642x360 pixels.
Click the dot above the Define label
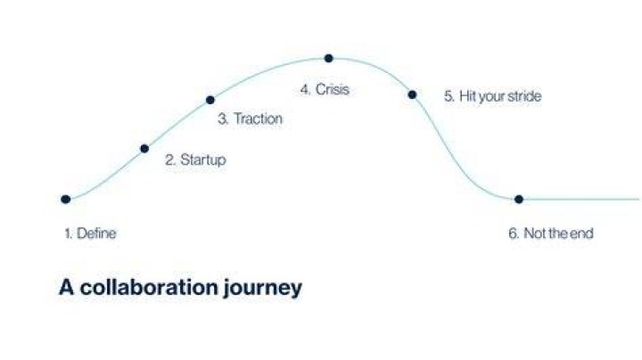pyautogui.click(x=65, y=200)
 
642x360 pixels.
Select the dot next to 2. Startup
pyautogui.click(x=144, y=149)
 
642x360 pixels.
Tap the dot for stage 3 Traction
pyautogui.click(x=210, y=100)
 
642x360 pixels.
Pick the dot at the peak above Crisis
pyautogui.click(x=328, y=59)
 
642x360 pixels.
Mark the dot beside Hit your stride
pyautogui.click(x=412, y=95)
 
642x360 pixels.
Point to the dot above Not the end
pyautogui.click(x=519, y=200)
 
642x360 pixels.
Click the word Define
pyautogui.click(x=96, y=233)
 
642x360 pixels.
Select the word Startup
pyautogui.click(x=203, y=160)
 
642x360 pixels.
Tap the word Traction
pyautogui.click(x=258, y=119)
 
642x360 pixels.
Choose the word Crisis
pyautogui.click(x=333, y=89)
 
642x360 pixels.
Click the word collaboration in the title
pyautogui.click(x=149, y=287)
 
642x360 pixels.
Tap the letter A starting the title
pyautogui.click(x=66, y=287)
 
